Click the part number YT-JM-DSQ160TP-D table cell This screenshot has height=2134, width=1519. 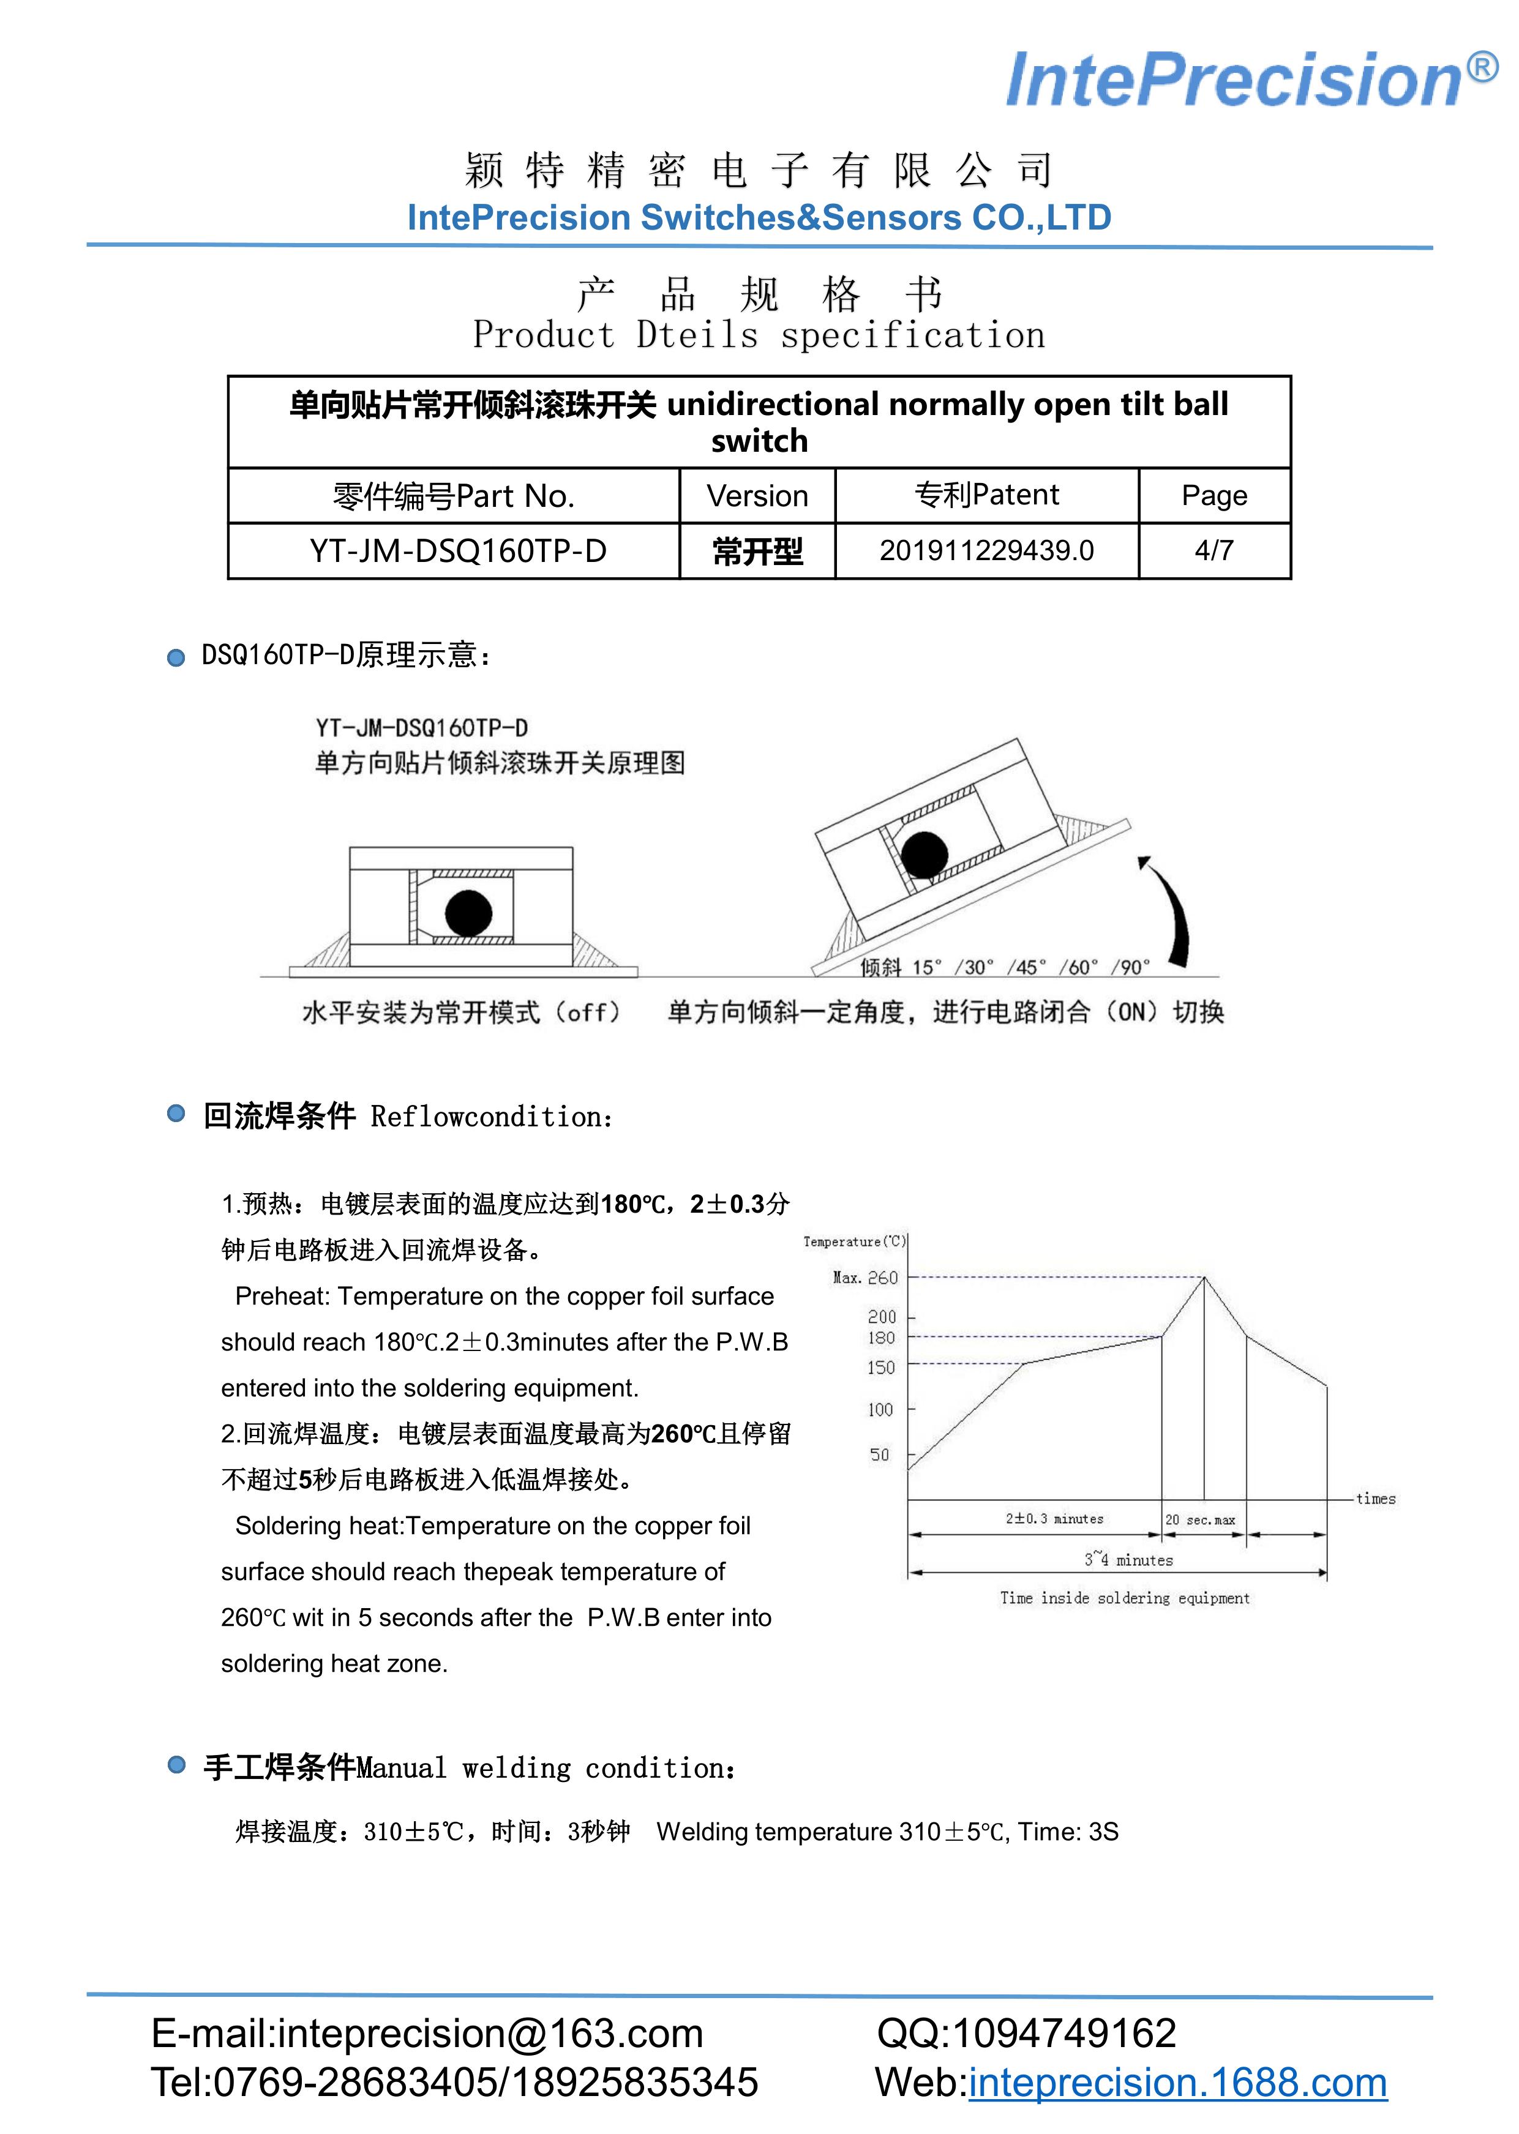457,551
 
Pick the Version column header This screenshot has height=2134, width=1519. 757,496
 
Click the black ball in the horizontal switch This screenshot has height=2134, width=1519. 468,913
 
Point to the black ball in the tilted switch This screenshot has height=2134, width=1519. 924,855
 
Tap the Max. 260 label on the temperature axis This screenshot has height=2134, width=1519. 865,1278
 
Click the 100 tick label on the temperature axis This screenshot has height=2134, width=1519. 880,1409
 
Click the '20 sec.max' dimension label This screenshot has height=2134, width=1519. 1200,1519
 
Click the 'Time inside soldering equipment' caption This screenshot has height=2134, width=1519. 1124,1598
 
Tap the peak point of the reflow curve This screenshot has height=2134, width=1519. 1204,1278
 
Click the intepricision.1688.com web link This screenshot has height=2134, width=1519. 1177,2083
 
